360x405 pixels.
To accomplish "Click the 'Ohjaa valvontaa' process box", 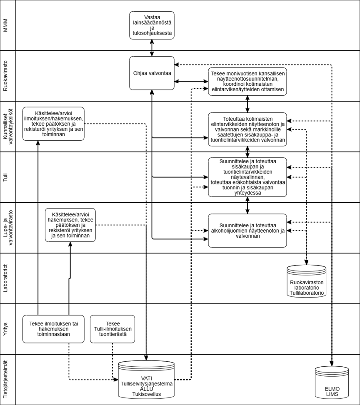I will tap(152, 73).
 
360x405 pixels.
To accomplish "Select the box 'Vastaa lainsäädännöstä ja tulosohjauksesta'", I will tap(152, 25).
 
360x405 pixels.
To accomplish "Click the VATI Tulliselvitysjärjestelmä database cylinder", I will tap(146, 380).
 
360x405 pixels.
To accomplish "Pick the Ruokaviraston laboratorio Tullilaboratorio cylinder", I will tap(307, 282).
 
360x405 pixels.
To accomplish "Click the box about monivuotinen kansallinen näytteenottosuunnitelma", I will tap(247, 81).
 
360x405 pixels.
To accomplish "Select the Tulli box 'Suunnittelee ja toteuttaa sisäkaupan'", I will tap(247, 177).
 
